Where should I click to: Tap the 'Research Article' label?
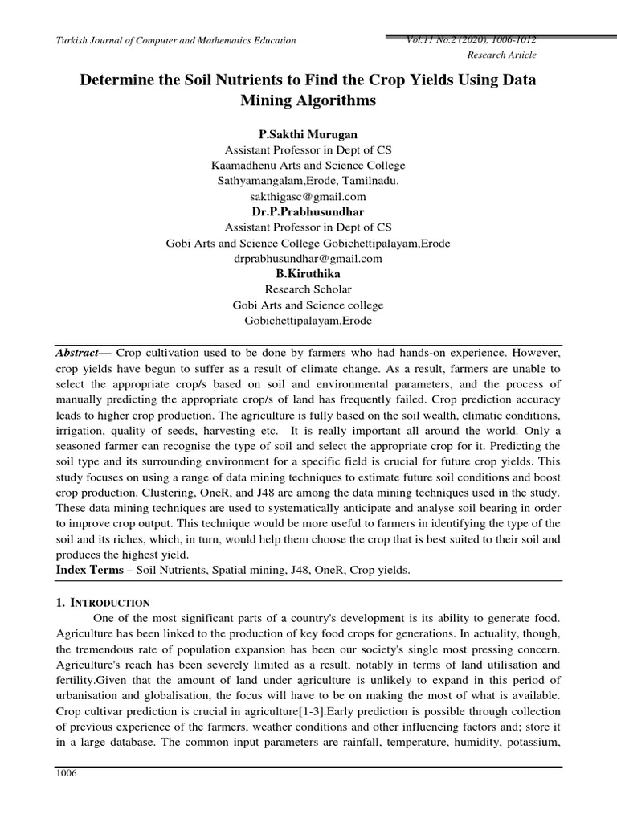click(x=501, y=55)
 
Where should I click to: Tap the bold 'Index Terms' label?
click(x=93, y=569)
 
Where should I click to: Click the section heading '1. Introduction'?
click(x=103, y=602)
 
